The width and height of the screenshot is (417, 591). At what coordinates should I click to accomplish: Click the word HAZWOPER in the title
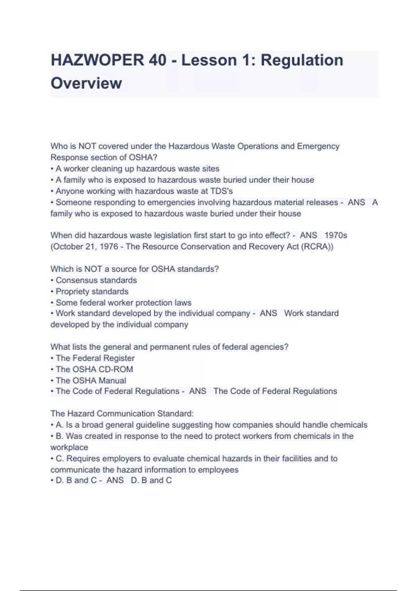coord(97,60)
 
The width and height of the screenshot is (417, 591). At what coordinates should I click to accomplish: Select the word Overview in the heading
coord(86,83)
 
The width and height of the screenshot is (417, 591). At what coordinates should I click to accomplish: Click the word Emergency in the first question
coord(318,146)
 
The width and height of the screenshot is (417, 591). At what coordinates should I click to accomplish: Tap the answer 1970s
coord(336,235)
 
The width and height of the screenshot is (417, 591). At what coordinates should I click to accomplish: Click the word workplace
coord(69,447)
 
